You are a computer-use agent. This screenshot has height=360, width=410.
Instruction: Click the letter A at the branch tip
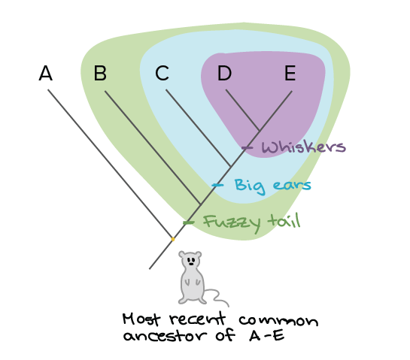point(45,73)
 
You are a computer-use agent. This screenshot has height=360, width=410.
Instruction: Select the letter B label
point(100,73)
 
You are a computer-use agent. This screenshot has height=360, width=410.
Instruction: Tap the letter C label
point(162,73)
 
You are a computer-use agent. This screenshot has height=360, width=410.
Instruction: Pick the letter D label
point(224,73)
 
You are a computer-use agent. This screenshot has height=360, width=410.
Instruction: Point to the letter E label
point(290,73)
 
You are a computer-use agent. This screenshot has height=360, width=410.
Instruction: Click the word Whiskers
point(304,147)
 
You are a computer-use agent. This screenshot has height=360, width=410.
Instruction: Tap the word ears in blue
point(292,185)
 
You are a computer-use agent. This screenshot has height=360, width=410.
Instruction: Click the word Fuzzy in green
point(232,224)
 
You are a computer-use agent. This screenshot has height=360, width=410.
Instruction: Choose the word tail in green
point(284,221)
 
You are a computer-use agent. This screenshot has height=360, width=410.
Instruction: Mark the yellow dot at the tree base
point(173,239)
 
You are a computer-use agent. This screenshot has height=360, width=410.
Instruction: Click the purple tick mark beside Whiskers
point(247,147)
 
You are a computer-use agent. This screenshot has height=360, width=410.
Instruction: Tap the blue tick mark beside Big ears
point(217,185)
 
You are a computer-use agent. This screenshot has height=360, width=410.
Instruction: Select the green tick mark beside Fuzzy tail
point(188,222)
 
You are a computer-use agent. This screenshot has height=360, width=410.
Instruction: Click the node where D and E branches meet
point(260,130)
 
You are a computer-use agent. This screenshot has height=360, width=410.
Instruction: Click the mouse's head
point(190,259)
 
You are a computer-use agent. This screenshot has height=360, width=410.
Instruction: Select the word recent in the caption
point(197,319)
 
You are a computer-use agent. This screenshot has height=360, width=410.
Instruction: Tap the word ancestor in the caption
point(166,335)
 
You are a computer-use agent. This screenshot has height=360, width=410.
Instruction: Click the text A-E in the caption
point(267,335)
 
